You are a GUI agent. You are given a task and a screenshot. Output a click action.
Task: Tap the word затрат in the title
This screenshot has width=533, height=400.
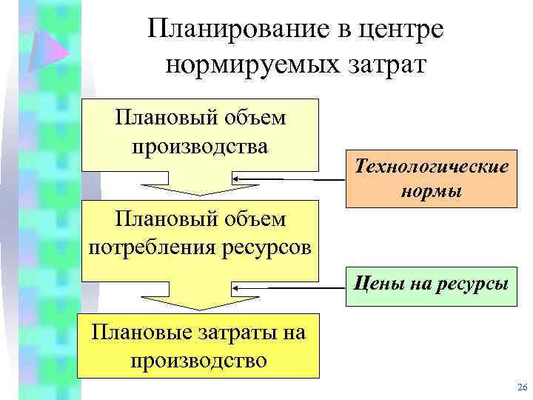[x=389, y=64]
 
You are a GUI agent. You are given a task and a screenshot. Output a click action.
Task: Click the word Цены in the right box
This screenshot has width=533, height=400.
[x=379, y=281]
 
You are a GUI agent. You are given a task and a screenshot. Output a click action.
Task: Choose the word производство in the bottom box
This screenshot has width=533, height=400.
[x=198, y=361]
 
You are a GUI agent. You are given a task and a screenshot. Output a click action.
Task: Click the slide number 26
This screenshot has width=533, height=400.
[x=521, y=387]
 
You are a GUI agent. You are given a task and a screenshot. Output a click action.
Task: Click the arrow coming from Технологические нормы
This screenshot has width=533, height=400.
[x=281, y=179]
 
